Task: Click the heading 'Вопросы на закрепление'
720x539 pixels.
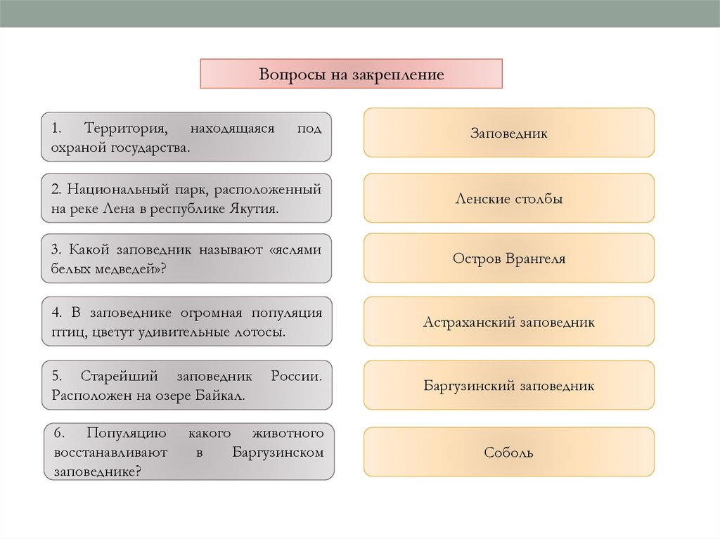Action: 352,74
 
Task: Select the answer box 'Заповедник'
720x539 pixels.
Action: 508,133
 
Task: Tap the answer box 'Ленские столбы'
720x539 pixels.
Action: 508,199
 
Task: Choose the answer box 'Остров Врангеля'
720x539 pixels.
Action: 508,259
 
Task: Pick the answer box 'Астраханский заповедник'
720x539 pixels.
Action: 508,323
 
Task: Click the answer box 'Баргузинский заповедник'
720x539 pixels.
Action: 508,386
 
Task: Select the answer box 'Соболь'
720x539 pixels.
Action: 508,453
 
